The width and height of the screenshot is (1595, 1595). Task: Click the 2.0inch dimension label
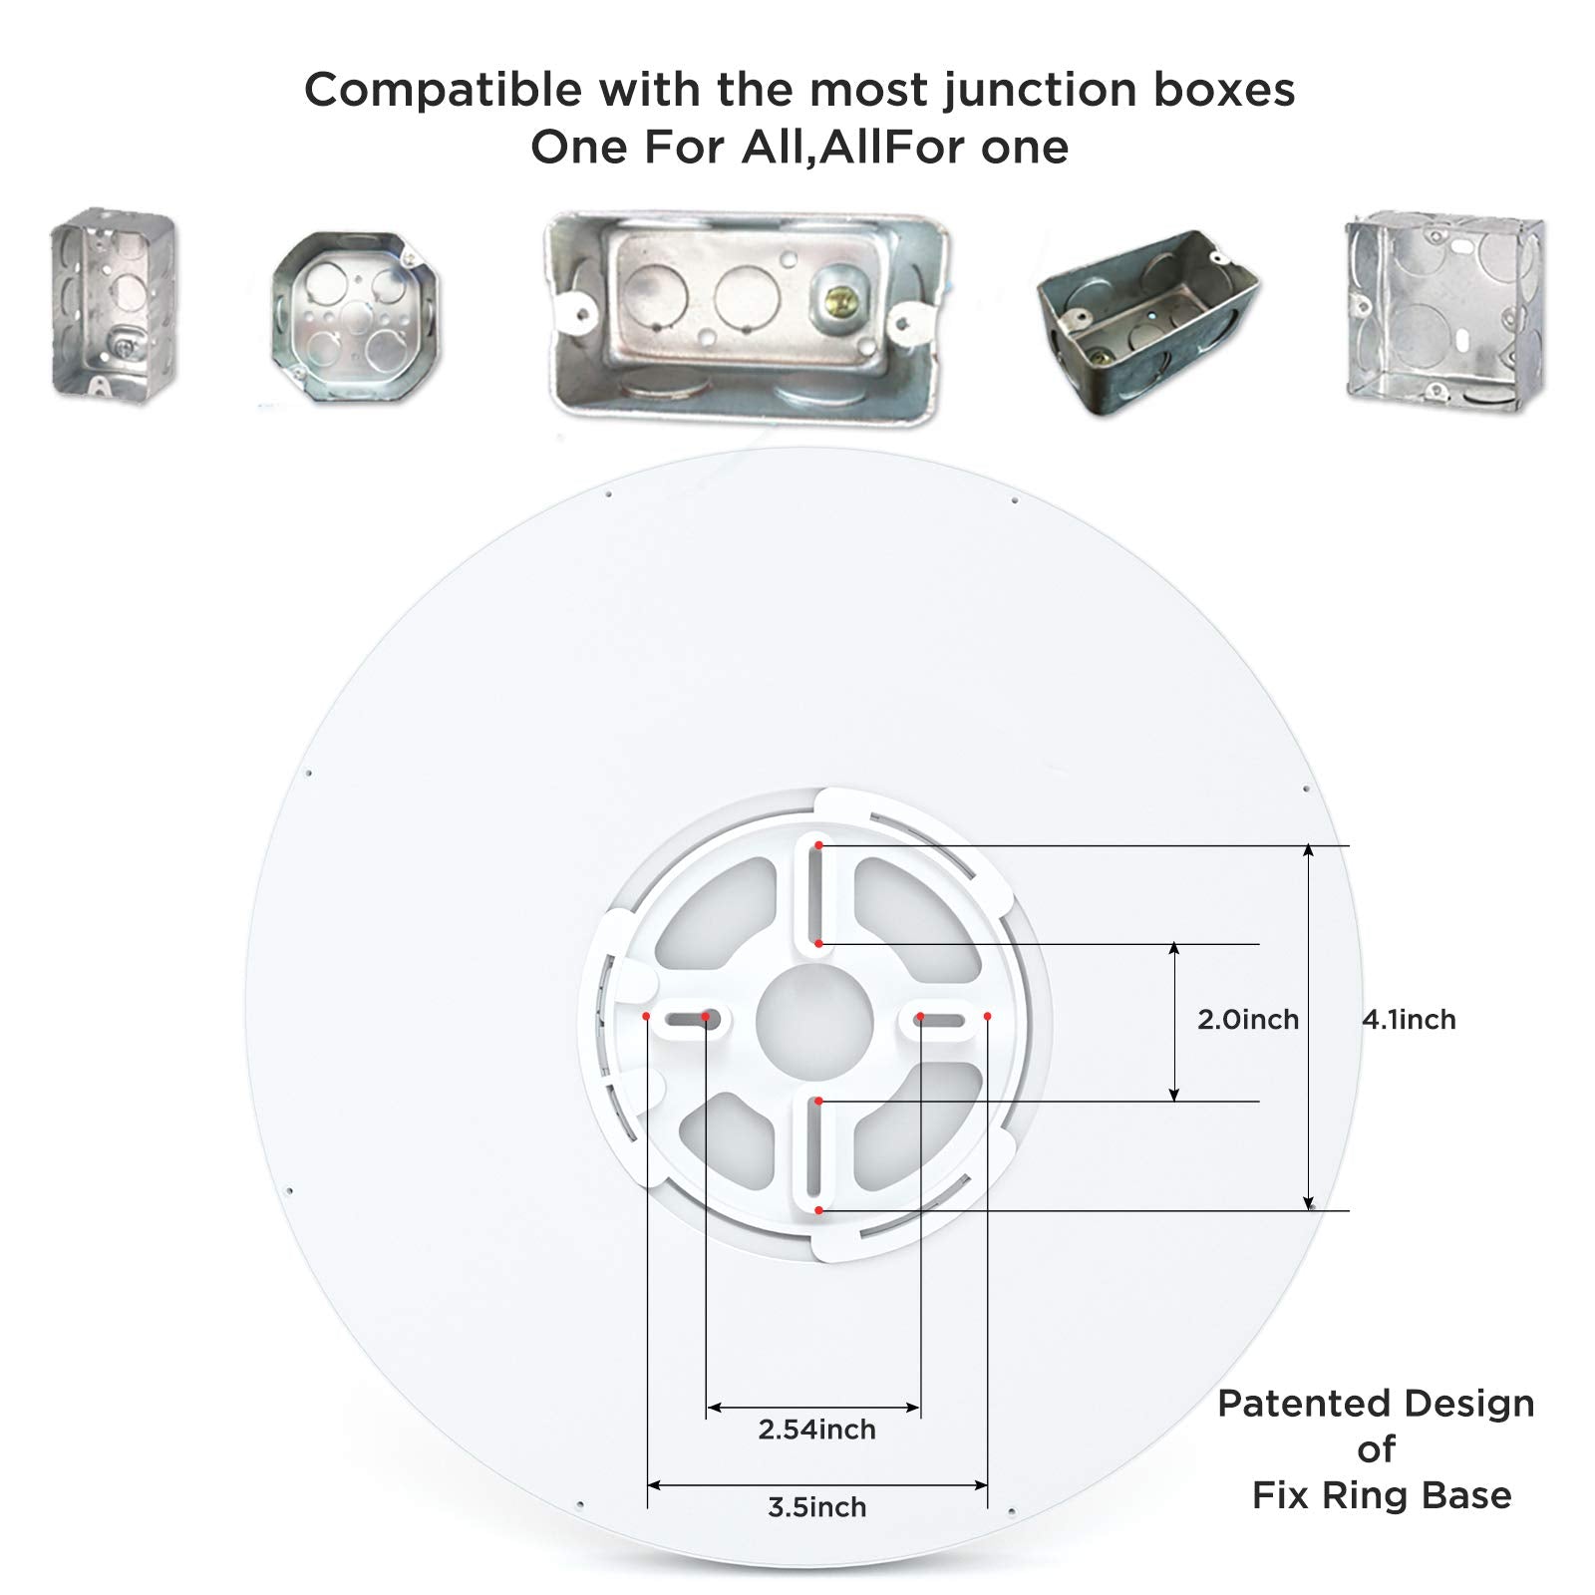click(x=1248, y=1019)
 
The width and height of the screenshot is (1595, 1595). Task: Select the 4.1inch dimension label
click(x=1409, y=1019)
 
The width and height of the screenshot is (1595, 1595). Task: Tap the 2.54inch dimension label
click(x=816, y=1429)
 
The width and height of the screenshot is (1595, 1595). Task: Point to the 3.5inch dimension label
click(x=816, y=1506)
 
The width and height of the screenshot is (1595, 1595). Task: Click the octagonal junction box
click(x=356, y=317)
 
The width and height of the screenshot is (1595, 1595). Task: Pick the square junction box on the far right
click(x=1444, y=311)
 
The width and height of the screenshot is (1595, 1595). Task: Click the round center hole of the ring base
click(x=814, y=1023)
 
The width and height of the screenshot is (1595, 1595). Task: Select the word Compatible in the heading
click(x=443, y=90)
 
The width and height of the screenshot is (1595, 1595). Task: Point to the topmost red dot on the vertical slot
click(x=818, y=845)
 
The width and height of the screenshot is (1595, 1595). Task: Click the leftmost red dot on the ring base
click(x=646, y=1016)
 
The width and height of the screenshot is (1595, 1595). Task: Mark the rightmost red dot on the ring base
click(x=988, y=1016)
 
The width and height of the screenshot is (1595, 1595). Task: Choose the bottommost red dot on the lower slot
click(x=818, y=1210)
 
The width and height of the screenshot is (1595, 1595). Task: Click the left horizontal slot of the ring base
click(x=689, y=1020)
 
